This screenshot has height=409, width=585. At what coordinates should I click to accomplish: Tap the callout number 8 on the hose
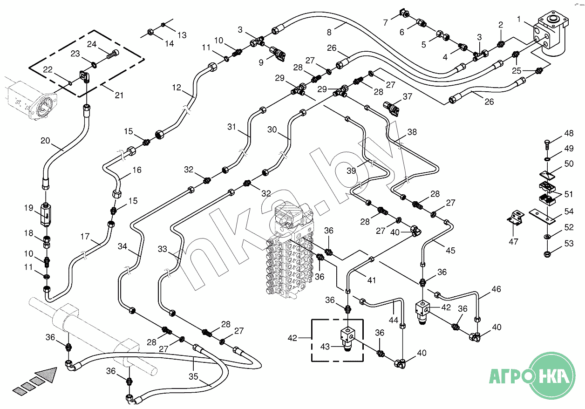point(329,32)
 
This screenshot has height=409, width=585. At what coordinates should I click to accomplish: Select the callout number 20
point(45,140)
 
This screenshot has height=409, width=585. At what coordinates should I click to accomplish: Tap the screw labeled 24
point(112,55)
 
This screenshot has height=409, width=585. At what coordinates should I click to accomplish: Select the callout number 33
point(162,249)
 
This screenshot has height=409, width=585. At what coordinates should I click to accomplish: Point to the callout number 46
point(496,289)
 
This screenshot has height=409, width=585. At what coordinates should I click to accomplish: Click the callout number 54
point(569,211)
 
